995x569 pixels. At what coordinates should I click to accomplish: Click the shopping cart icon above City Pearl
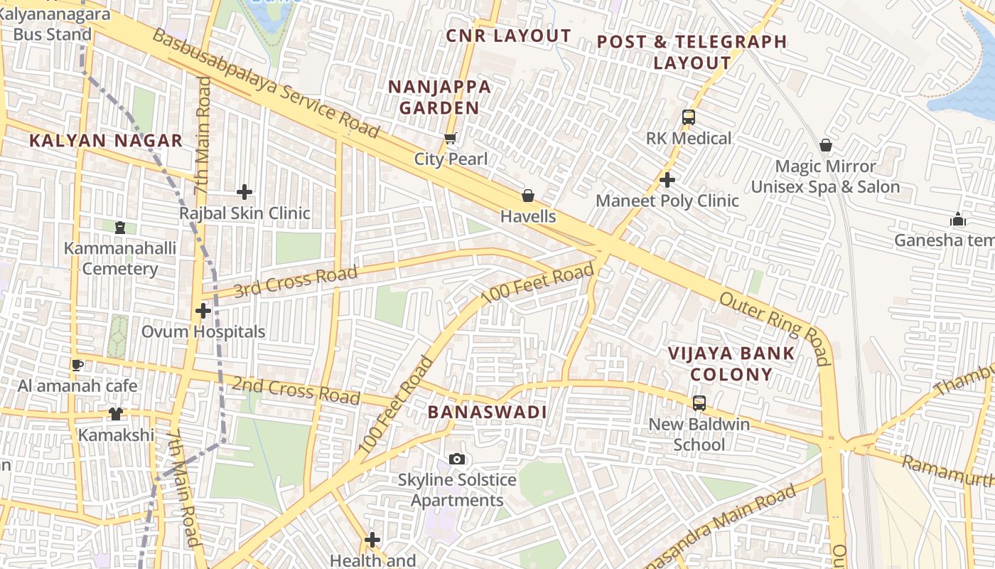pyautogui.click(x=449, y=138)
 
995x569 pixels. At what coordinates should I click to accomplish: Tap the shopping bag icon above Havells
pyautogui.click(x=528, y=196)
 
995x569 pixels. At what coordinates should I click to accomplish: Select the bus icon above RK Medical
pyautogui.click(x=688, y=117)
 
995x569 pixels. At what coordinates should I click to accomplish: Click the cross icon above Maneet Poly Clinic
pyautogui.click(x=667, y=180)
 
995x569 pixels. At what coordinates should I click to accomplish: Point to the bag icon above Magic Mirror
pyautogui.click(x=825, y=146)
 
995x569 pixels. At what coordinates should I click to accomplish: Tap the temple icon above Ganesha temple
pyautogui.click(x=957, y=219)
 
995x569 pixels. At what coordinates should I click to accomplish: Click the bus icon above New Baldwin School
pyautogui.click(x=699, y=403)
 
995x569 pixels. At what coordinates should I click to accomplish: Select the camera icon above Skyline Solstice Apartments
pyautogui.click(x=457, y=459)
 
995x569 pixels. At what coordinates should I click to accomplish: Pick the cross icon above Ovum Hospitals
pyautogui.click(x=203, y=311)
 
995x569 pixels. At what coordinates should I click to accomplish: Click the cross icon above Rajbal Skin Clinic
pyautogui.click(x=244, y=192)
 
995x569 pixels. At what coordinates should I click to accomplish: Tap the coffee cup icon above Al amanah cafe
pyautogui.click(x=77, y=366)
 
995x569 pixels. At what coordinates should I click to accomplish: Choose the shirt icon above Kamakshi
pyautogui.click(x=116, y=414)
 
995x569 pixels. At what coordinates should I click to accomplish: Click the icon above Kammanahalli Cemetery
pyautogui.click(x=119, y=228)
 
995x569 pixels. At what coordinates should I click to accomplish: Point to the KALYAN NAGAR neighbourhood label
pyautogui.click(x=106, y=141)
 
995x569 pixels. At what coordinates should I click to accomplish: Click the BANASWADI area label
pyautogui.click(x=487, y=413)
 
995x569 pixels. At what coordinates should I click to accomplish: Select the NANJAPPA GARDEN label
pyautogui.click(x=439, y=97)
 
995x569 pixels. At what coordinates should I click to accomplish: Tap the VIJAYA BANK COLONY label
pyautogui.click(x=721, y=363)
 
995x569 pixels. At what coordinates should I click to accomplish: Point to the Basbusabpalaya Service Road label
pyautogui.click(x=266, y=84)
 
